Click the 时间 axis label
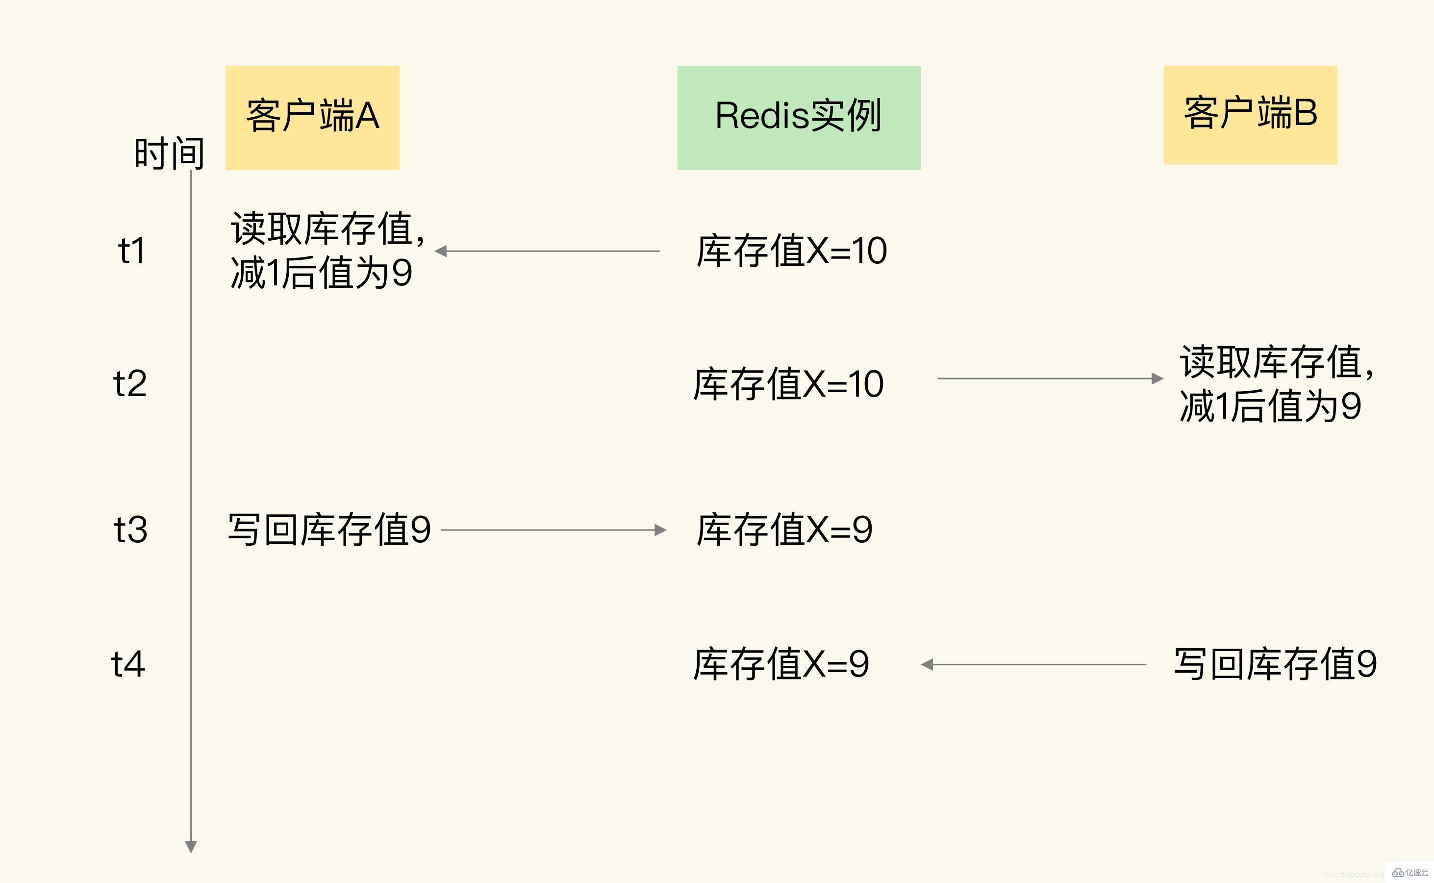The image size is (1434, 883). pos(169,153)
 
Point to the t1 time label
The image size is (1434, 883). pos(131,251)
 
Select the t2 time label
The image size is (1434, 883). pos(129,384)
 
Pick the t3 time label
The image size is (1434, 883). pos(130,530)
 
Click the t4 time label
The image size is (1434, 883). pos(128,664)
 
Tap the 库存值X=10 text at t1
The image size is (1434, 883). pos(791,251)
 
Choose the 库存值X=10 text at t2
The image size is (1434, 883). pos(788,384)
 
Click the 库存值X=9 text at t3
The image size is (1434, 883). pos(784,530)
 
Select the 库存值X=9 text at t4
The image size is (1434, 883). pos(780,664)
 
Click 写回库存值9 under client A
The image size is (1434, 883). pos(329,530)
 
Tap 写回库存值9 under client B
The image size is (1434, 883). pos(1275,664)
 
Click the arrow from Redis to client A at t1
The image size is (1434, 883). pos(547,251)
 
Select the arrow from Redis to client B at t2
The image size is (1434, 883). pos(1050,378)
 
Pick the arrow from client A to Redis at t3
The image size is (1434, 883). pos(553,530)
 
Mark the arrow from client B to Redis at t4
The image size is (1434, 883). pos(1033,665)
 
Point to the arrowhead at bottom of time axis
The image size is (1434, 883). pos(191,846)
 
